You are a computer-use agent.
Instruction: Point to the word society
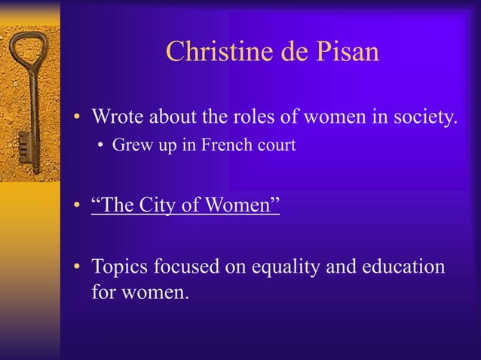click(422, 118)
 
